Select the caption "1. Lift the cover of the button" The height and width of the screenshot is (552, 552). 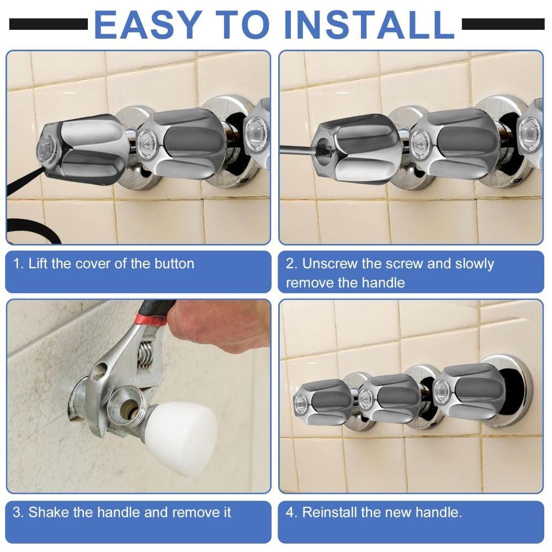point(104,264)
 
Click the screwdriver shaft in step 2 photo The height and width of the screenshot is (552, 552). point(298,146)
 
